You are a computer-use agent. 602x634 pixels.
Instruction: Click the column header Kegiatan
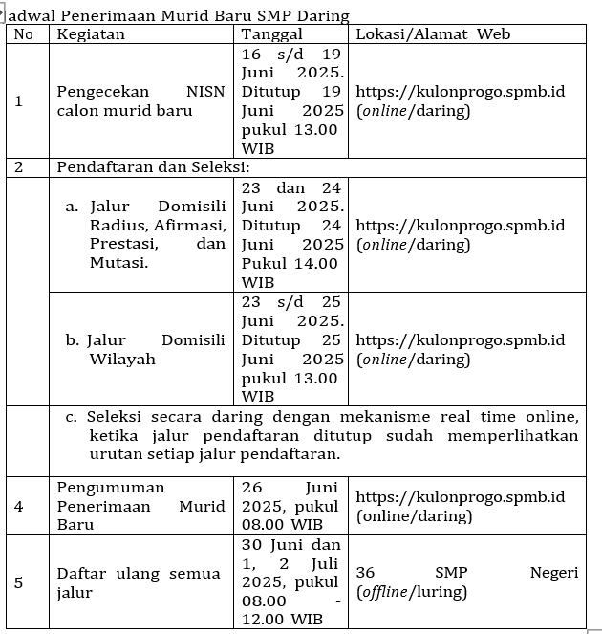click(x=91, y=34)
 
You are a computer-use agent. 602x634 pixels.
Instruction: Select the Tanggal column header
click(x=271, y=34)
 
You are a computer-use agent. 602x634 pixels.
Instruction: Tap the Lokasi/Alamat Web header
click(x=433, y=34)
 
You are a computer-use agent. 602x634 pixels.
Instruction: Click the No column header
click(x=24, y=34)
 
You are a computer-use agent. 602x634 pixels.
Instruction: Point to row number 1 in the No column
click(x=19, y=100)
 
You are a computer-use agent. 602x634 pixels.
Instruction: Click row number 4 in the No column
click(x=19, y=505)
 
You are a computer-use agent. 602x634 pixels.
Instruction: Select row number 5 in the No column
click(x=19, y=581)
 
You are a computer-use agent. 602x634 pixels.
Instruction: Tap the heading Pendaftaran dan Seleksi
click(x=152, y=167)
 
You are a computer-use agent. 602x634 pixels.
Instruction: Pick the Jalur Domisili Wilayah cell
click(x=144, y=349)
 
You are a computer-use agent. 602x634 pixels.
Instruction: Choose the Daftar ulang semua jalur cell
click(x=139, y=582)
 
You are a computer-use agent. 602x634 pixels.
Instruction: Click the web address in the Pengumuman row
click(x=460, y=497)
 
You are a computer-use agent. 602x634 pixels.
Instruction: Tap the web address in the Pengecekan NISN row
click(x=460, y=92)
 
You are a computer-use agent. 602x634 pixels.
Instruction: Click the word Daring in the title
click(x=324, y=15)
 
